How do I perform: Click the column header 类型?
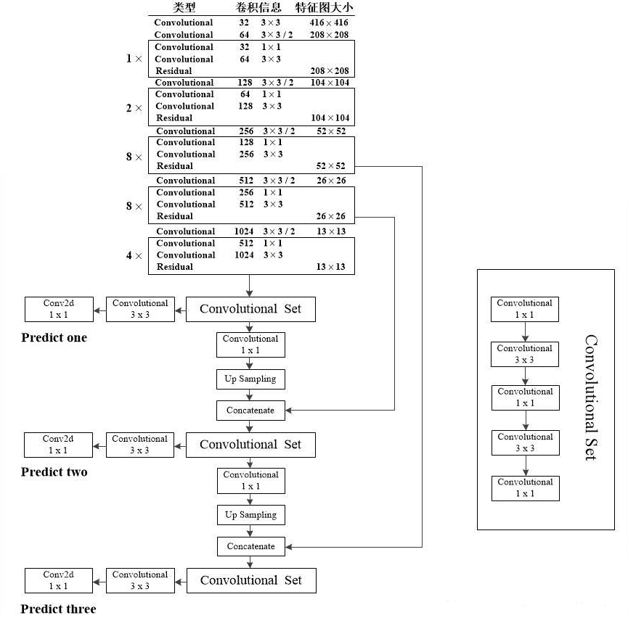click(x=184, y=7)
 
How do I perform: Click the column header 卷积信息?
click(x=258, y=7)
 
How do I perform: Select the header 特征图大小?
click(x=324, y=7)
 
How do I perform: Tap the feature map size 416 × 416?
click(x=329, y=22)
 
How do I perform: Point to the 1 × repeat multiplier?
click(x=134, y=59)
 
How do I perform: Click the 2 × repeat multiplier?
click(x=134, y=108)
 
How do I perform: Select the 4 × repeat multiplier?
click(x=134, y=255)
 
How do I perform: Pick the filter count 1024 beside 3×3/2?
click(x=244, y=231)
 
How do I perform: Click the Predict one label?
click(x=54, y=337)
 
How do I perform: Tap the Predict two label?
click(x=54, y=472)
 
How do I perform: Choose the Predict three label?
click(x=59, y=609)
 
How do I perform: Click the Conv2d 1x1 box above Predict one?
click(x=59, y=309)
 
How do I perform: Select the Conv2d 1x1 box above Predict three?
click(x=59, y=580)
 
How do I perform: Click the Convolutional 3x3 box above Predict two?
click(x=140, y=445)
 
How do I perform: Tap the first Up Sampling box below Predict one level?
click(x=250, y=379)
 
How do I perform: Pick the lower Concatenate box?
click(x=251, y=546)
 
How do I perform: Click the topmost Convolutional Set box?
click(x=250, y=309)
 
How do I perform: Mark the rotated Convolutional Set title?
click(x=591, y=397)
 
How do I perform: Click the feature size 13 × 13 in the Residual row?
click(x=331, y=267)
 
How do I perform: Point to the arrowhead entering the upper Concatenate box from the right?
click(x=288, y=411)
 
